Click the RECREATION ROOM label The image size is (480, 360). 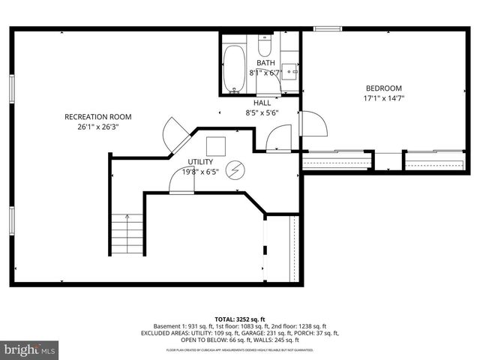98,116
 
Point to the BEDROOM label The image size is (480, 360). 383,88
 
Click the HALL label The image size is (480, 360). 262,103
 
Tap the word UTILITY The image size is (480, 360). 200,162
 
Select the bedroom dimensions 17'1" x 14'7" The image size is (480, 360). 383,98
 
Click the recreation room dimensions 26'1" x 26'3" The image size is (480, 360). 98,127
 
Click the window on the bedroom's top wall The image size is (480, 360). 328,29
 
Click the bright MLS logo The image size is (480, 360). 29,349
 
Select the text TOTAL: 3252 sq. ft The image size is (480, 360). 239,319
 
